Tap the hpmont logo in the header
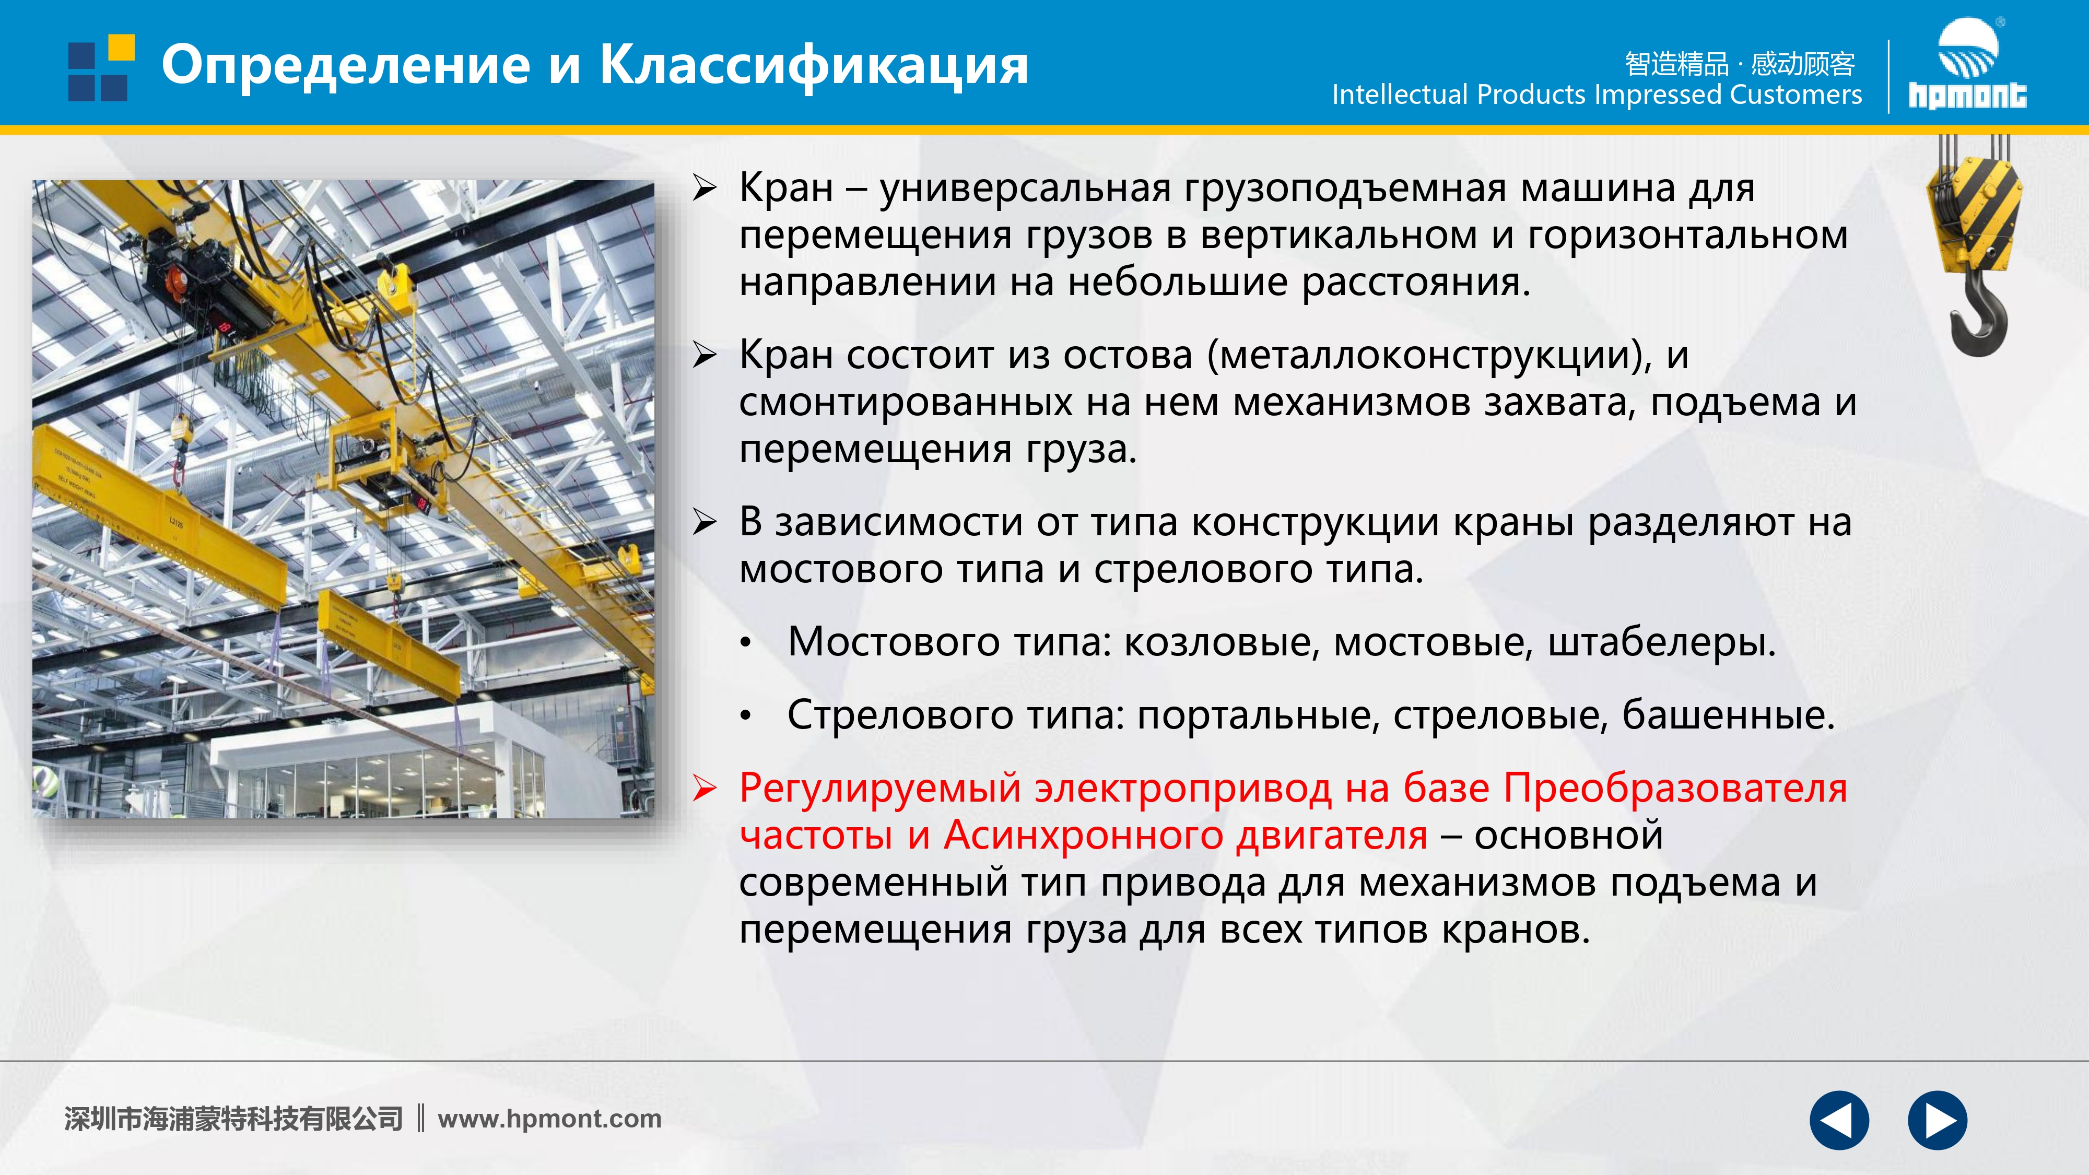tap(1967, 63)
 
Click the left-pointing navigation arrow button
tap(1839, 1121)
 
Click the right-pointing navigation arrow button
tap(1938, 1121)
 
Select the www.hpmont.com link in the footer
tap(550, 1119)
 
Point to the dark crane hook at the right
tap(1979, 313)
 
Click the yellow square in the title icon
tap(122, 47)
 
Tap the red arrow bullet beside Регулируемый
tap(705, 789)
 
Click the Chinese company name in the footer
tap(233, 1119)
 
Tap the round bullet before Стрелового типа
tap(746, 716)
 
